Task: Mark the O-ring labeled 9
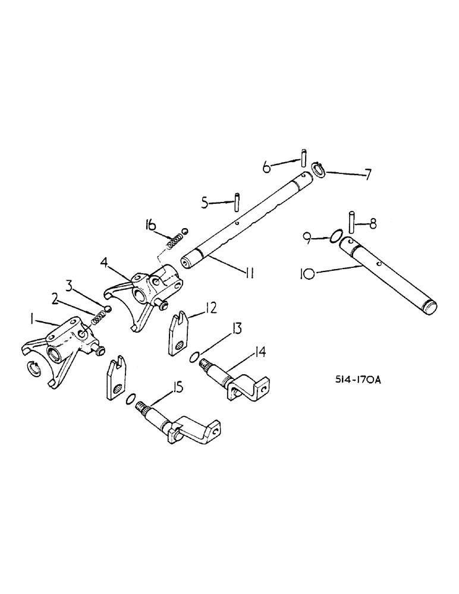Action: tap(335, 236)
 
